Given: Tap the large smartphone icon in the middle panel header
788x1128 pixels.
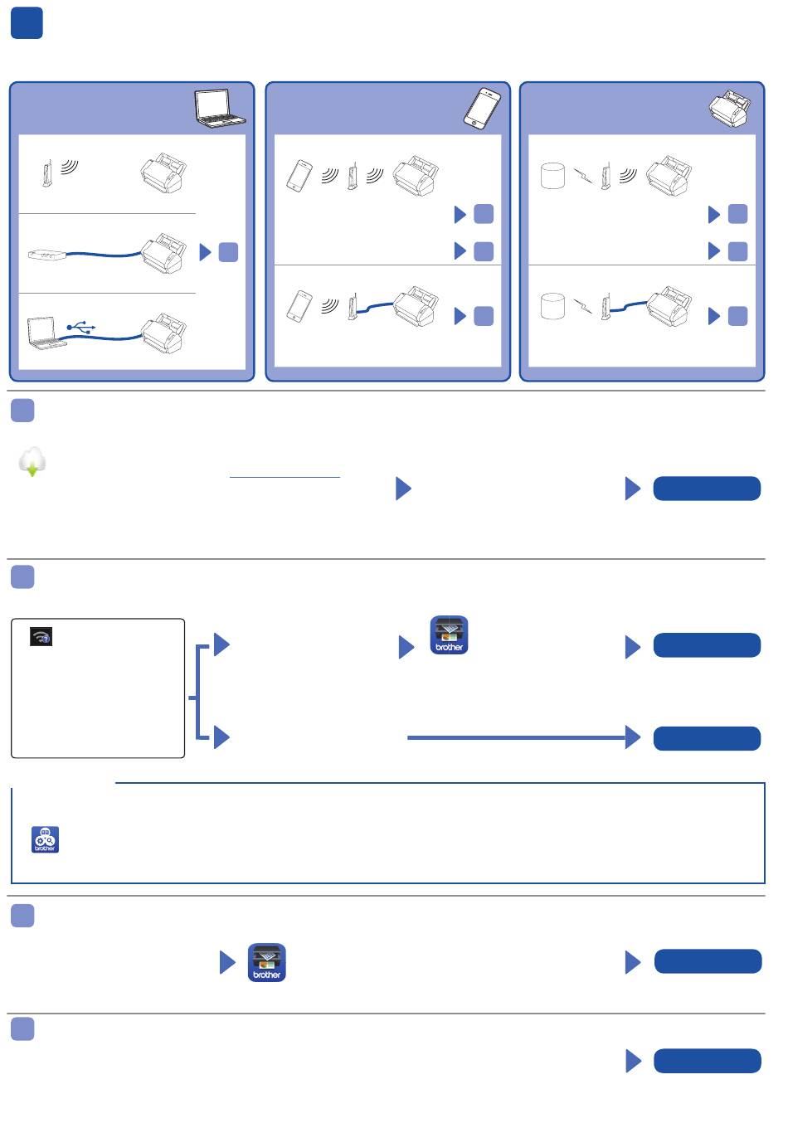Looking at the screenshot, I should click(482, 108).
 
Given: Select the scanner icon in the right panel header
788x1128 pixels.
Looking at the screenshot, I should click(730, 109).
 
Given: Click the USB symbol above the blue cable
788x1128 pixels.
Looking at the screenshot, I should click(81, 327).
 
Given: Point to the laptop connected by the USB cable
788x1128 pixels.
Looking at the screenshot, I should click(46, 332).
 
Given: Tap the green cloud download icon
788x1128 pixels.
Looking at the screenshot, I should click(32, 461).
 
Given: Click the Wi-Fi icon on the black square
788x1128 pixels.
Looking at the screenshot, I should click(41, 637).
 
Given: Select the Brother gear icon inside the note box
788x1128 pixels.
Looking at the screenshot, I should click(45, 839).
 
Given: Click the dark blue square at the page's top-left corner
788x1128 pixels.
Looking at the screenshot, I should click(27, 24).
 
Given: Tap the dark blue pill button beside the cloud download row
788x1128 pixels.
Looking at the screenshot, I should click(707, 489).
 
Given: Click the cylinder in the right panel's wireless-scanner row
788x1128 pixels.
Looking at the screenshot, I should click(552, 176).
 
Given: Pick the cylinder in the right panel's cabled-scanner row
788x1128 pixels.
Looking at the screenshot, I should click(552, 306).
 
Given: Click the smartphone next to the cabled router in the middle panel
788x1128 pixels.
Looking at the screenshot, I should click(299, 305).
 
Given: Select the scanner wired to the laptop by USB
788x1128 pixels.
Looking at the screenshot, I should click(164, 333).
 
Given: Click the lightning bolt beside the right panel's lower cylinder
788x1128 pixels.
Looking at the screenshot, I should click(584, 307).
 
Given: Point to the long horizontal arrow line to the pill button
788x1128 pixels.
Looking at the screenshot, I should click(514, 737).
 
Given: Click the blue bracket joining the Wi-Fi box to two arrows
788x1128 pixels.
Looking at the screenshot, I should click(197, 691).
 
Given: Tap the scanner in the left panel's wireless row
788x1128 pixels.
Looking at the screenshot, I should click(163, 172).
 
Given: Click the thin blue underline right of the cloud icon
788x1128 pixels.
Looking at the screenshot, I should click(285, 478).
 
